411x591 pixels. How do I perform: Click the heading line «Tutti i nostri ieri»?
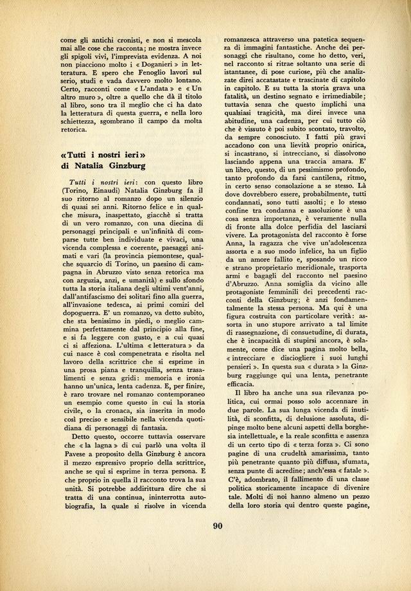pyautogui.click(x=102, y=157)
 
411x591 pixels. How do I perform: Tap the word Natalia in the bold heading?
pyautogui.click(x=96, y=170)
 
